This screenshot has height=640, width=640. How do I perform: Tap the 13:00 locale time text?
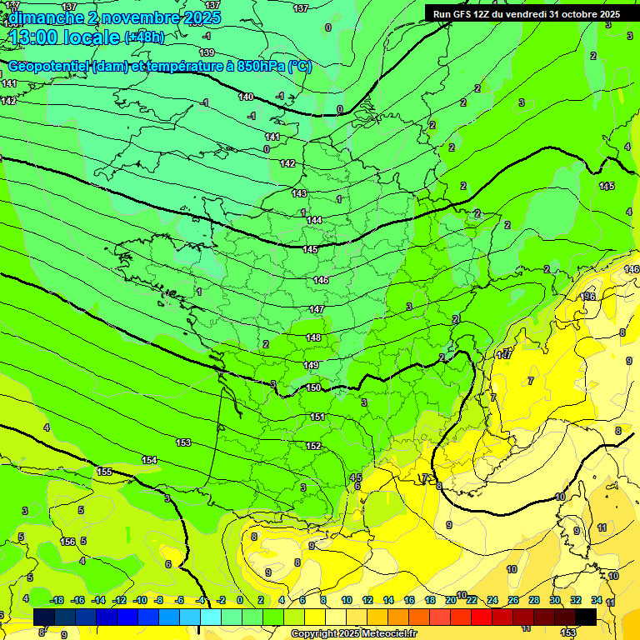coord(63,37)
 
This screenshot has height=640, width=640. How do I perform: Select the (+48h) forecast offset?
coord(144,37)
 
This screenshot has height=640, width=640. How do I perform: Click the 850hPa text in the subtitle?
coord(261,67)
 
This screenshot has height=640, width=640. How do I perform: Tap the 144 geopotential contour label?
coord(314,221)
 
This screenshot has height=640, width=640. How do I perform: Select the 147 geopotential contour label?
coord(317,309)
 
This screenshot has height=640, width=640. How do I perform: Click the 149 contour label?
coord(311,366)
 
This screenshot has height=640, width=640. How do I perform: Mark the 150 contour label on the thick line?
coord(313,387)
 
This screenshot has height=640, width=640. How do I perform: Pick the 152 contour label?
coord(313,446)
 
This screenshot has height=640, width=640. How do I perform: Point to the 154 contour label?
coord(149,460)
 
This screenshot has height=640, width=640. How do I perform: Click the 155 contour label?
coord(104,472)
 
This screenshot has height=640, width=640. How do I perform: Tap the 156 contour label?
coord(67,542)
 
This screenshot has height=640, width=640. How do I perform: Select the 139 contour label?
coord(207,52)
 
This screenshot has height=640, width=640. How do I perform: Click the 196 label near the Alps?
coord(588,297)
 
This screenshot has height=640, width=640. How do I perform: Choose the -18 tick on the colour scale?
coord(57,600)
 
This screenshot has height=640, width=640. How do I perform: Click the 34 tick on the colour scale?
coord(596,600)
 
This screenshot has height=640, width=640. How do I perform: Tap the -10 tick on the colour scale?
coord(140,600)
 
